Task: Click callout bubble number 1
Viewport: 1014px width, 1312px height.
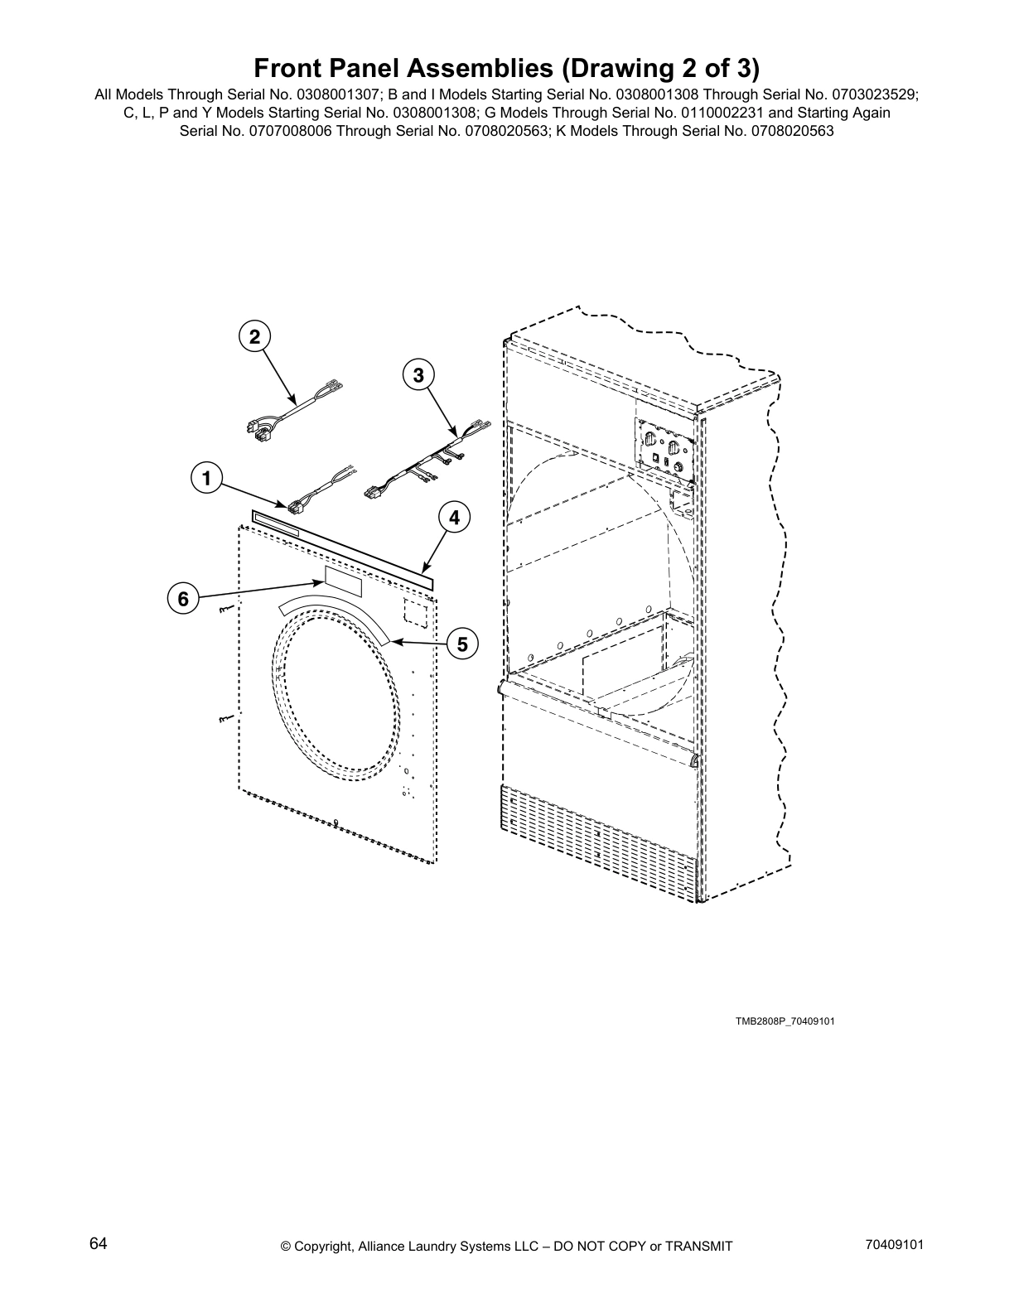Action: (206, 478)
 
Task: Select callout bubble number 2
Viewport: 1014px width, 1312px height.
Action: (254, 336)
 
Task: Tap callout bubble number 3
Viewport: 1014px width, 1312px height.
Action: (418, 375)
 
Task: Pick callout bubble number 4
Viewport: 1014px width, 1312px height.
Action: (454, 518)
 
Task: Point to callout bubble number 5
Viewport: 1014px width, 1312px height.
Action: (461, 644)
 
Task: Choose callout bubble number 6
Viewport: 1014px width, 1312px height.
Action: (183, 598)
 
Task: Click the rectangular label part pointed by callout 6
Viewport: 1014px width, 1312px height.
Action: (343, 582)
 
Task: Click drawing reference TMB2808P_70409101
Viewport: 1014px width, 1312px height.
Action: (785, 1020)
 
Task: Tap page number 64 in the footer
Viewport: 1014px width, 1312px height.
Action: (99, 1244)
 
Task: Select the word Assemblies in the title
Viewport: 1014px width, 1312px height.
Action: (470, 67)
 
